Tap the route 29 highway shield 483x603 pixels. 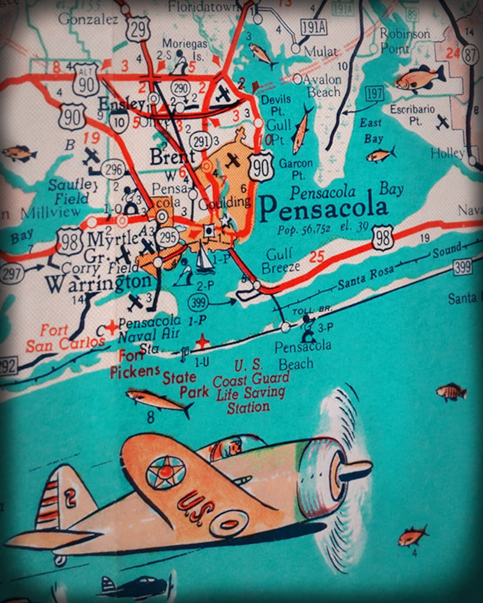pyautogui.click(x=138, y=29)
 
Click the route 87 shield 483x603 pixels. pyautogui.click(x=470, y=55)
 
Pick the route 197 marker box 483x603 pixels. pyautogui.click(x=374, y=94)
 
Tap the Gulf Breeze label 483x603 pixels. pyautogui.click(x=280, y=261)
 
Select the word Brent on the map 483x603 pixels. pyautogui.click(x=173, y=157)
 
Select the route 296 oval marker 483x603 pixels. pyautogui.click(x=113, y=169)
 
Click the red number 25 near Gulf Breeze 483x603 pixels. pyautogui.click(x=317, y=257)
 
